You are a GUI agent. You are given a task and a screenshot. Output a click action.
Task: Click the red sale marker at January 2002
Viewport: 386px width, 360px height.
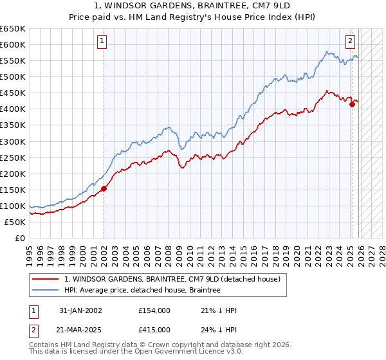(x=104, y=188)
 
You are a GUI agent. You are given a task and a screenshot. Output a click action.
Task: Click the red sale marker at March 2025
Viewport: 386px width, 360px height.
(x=352, y=104)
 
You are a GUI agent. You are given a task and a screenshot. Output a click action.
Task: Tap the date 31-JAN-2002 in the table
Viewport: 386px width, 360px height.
(x=80, y=310)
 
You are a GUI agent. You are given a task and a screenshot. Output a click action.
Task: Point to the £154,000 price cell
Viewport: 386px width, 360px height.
(x=154, y=310)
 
